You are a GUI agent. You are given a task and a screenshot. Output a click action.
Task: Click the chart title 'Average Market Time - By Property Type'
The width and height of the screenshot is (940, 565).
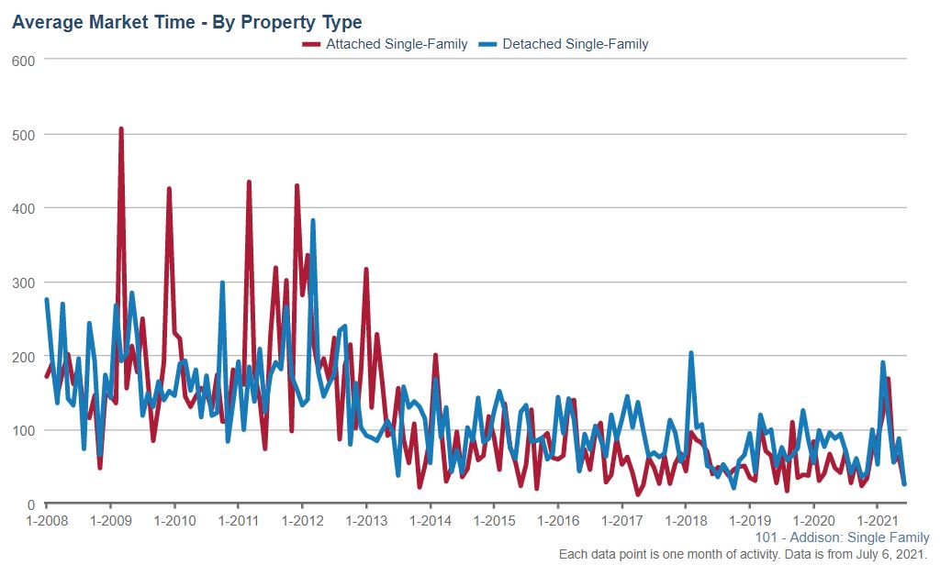(x=186, y=22)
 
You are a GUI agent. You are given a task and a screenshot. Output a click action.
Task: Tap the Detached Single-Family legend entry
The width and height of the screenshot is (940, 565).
(x=575, y=43)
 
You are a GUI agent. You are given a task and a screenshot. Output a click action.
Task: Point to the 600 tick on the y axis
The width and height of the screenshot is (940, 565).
(x=25, y=61)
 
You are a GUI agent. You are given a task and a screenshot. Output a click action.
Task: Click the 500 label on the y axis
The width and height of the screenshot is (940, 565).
(x=25, y=135)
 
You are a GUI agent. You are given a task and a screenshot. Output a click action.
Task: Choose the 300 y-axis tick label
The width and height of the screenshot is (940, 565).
(x=25, y=282)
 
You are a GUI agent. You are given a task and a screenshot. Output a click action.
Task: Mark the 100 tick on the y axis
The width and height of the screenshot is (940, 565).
(x=25, y=430)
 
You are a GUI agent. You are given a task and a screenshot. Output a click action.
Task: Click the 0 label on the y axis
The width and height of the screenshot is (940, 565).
(x=31, y=504)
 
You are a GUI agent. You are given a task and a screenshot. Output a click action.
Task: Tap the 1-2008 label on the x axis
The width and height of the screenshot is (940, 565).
(x=46, y=521)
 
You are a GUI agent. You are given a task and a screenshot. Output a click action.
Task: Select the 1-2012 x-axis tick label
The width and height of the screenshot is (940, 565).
(x=302, y=521)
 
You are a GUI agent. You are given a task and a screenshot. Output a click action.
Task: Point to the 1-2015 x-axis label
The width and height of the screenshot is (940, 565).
(x=494, y=521)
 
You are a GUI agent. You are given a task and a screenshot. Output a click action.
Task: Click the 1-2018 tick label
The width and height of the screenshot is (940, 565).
(x=686, y=521)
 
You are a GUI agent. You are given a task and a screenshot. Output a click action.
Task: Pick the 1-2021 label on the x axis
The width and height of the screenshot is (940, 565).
(x=878, y=521)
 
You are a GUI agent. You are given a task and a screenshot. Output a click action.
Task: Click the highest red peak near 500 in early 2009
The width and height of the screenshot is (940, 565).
(x=121, y=129)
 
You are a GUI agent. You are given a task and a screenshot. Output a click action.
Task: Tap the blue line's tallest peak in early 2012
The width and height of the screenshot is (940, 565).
(x=313, y=221)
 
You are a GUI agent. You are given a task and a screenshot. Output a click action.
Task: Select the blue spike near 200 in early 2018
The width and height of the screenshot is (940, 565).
(x=691, y=353)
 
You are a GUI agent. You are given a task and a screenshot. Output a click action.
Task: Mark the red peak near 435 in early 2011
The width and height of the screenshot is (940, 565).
(x=249, y=183)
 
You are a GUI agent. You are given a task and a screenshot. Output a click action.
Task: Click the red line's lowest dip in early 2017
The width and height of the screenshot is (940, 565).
(x=638, y=494)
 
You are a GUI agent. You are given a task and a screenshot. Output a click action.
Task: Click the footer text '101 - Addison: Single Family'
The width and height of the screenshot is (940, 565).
(x=842, y=537)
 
